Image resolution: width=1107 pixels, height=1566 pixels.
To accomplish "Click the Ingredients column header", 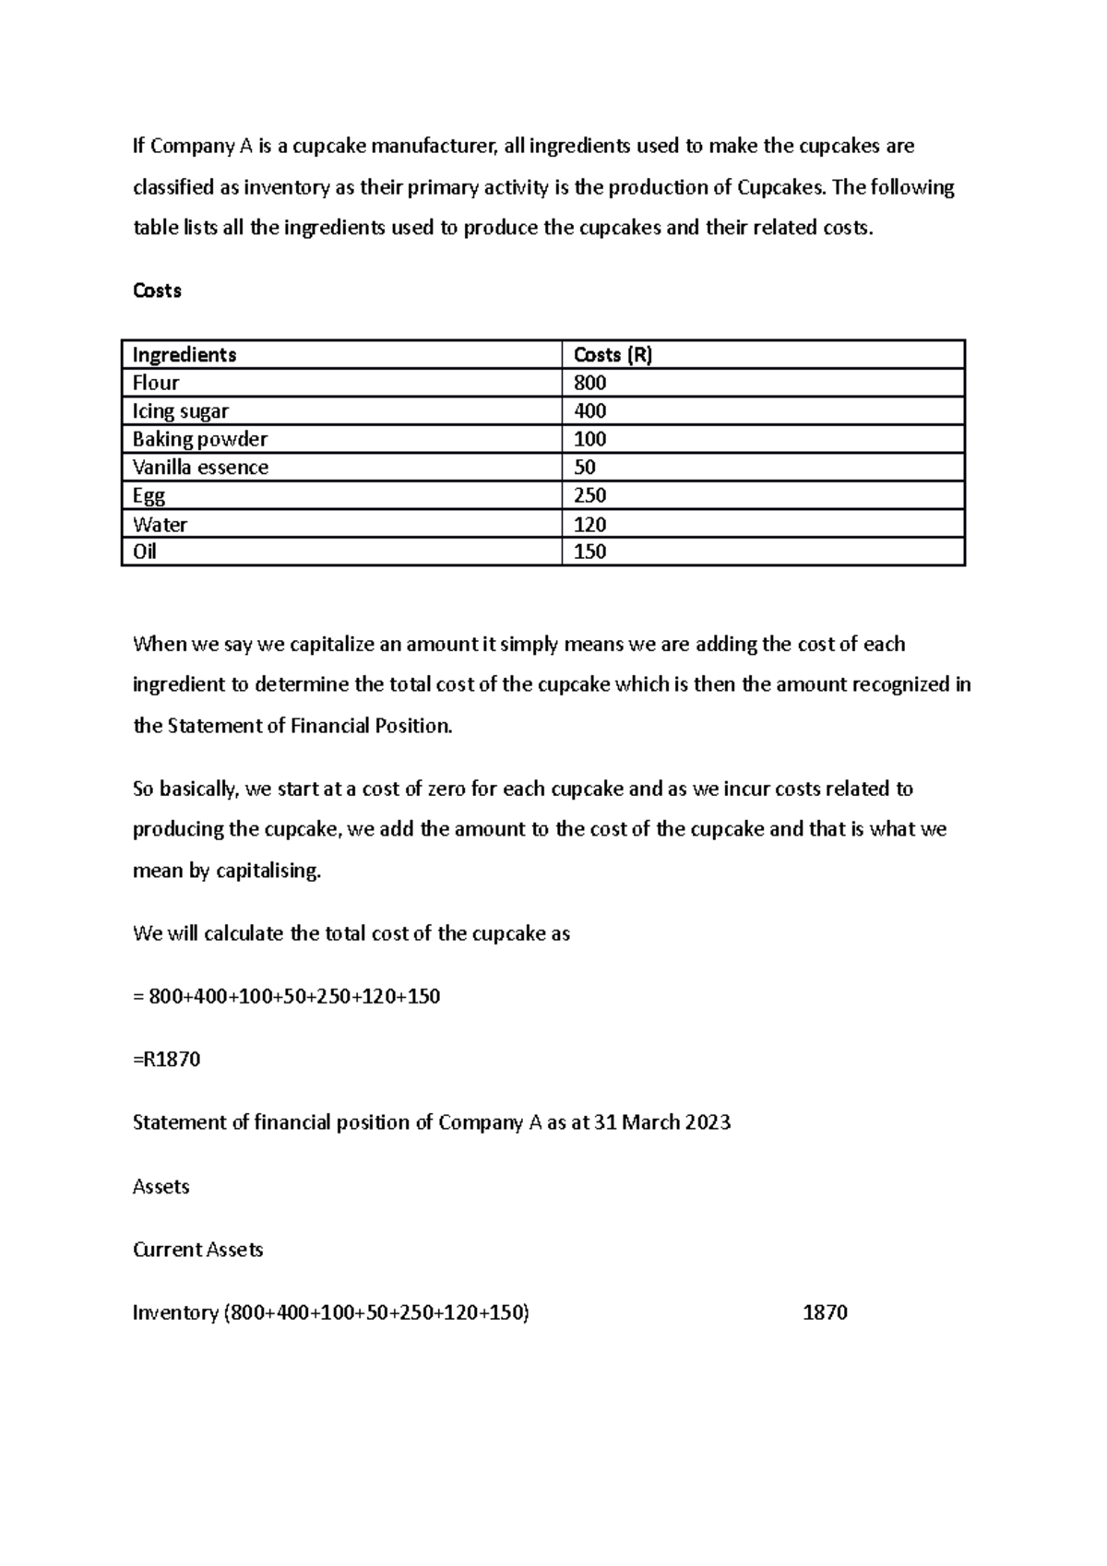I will (x=184, y=355).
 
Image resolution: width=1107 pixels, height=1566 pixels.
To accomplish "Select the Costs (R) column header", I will (x=613, y=355).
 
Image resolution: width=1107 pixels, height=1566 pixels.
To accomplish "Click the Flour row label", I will (x=156, y=383).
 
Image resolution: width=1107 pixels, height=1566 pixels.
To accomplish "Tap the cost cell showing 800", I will (x=589, y=383).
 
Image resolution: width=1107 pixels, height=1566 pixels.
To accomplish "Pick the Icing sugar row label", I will (x=181, y=411).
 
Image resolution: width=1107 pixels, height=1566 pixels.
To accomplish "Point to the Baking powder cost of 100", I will (x=589, y=439).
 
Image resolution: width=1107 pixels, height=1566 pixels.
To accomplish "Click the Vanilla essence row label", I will (x=200, y=468).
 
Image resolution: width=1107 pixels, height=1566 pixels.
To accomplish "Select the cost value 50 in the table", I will (x=585, y=468).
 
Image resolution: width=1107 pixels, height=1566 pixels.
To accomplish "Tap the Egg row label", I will (x=149, y=496).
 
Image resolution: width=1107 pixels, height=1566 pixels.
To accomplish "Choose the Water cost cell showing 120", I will (x=589, y=525).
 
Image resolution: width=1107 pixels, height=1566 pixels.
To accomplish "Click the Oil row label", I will (x=145, y=552).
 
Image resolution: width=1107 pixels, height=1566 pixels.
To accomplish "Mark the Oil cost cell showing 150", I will (x=589, y=552).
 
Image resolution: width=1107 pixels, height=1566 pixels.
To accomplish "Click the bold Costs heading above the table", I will (x=157, y=291).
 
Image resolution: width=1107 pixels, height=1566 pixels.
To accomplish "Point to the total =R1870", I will (x=167, y=1060).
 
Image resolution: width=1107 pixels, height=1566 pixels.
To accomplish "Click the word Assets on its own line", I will (x=161, y=1187).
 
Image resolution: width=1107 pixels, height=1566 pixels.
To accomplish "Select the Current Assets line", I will (x=198, y=1250).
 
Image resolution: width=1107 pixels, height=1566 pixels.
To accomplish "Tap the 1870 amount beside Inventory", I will (x=825, y=1312).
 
